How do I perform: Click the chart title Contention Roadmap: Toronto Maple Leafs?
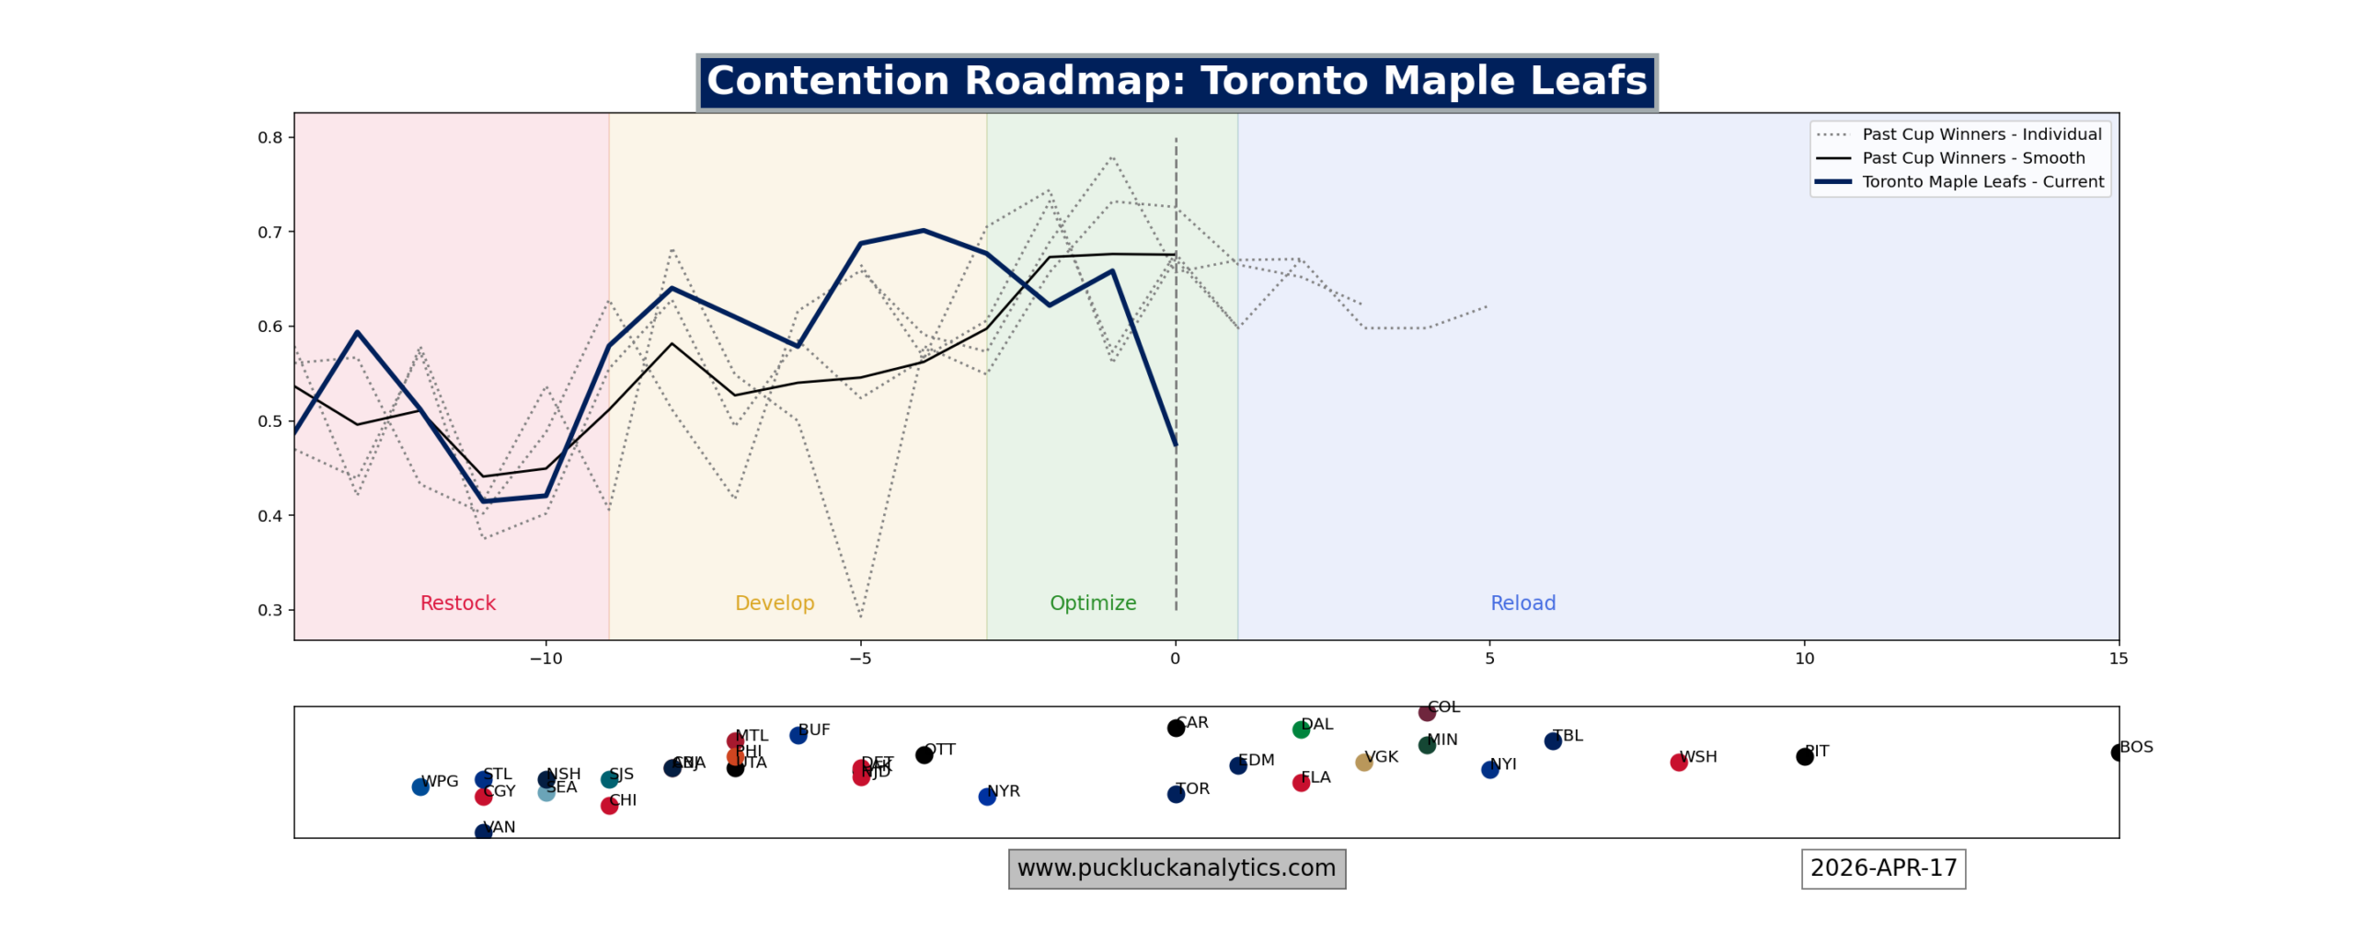point(1176,82)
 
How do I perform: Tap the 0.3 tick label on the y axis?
point(270,610)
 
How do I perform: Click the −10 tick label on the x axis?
point(545,659)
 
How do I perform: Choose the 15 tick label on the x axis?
point(2118,659)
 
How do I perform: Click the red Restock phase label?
point(457,603)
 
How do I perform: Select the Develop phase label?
point(774,603)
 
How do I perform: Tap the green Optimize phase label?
point(1092,603)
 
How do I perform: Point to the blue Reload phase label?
point(1522,603)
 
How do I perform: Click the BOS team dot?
point(2118,752)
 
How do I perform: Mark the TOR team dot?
point(1175,794)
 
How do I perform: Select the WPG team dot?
point(420,787)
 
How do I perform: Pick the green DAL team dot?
point(1300,729)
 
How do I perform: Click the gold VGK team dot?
point(1363,762)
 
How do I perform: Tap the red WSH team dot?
point(1678,762)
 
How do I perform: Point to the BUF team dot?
point(798,735)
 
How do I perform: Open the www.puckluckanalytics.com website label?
point(1176,868)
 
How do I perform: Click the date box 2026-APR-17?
point(1882,868)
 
